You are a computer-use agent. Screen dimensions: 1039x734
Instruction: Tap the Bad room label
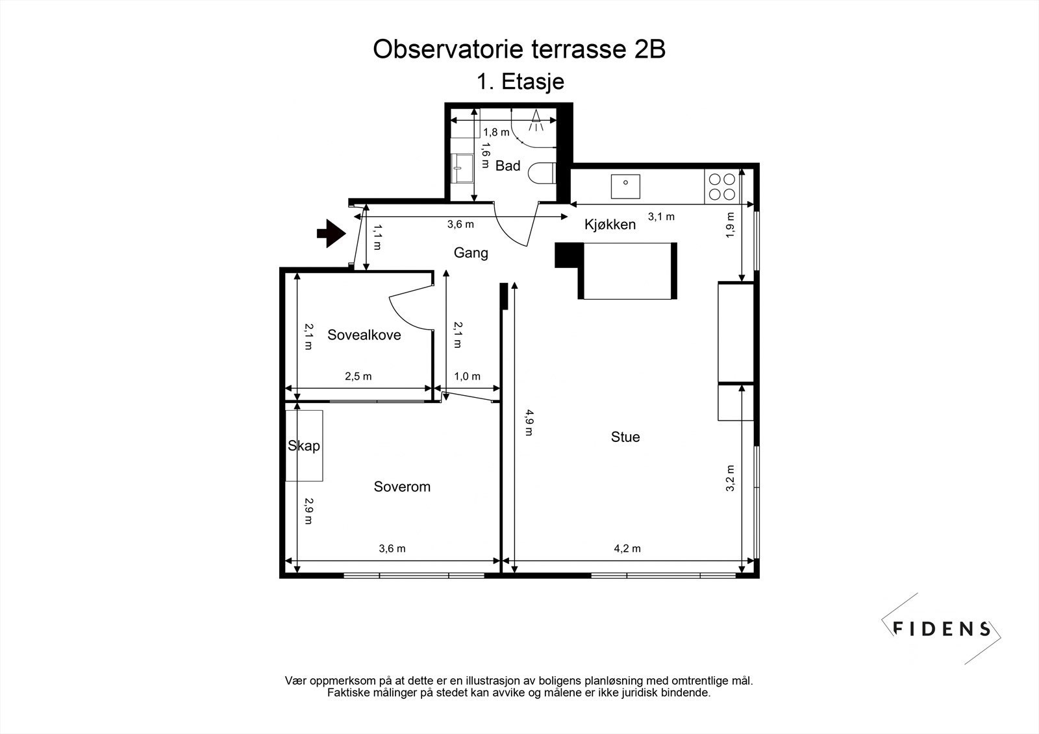pyautogui.click(x=507, y=165)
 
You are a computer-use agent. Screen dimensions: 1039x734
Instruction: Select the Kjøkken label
pyautogui.click(x=610, y=225)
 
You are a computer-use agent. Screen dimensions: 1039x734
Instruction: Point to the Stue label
pyautogui.click(x=625, y=437)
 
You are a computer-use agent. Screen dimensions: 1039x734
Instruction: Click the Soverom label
pyautogui.click(x=402, y=486)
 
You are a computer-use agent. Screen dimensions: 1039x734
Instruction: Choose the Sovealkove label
pyautogui.click(x=364, y=335)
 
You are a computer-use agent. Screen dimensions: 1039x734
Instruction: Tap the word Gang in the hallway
pyautogui.click(x=471, y=253)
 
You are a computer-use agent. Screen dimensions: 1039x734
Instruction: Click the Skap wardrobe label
pyautogui.click(x=304, y=446)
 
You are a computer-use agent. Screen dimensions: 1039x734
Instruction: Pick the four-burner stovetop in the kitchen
pyautogui.click(x=722, y=186)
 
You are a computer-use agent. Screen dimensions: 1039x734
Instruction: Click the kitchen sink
pyautogui.click(x=625, y=186)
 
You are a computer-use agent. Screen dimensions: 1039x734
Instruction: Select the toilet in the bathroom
pyautogui.click(x=542, y=173)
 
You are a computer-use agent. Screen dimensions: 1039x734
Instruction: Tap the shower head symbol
pyautogui.click(x=536, y=120)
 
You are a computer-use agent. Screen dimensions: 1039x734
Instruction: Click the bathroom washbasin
pyautogui.click(x=462, y=168)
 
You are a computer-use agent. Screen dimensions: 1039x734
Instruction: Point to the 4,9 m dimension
pyautogui.click(x=529, y=422)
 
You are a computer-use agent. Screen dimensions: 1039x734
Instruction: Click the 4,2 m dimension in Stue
pyautogui.click(x=627, y=548)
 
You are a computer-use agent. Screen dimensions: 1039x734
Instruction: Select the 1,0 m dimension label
pyautogui.click(x=467, y=376)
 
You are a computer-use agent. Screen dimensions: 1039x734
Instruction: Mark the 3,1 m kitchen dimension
pyautogui.click(x=661, y=217)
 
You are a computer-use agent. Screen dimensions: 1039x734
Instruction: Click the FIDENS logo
pyautogui.click(x=941, y=629)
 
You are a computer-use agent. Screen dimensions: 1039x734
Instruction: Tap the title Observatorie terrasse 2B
pyautogui.click(x=519, y=49)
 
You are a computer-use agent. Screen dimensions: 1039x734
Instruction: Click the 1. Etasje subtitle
pyautogui.click(x=520, y=82)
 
